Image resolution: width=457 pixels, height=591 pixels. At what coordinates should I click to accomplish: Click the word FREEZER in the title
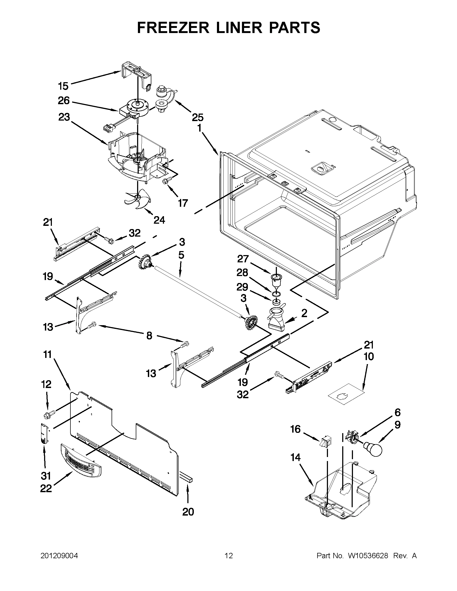[173, 28]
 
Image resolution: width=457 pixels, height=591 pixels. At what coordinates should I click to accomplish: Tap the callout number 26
[64, 101]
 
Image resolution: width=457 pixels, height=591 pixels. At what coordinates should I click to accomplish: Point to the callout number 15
[63, 86]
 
